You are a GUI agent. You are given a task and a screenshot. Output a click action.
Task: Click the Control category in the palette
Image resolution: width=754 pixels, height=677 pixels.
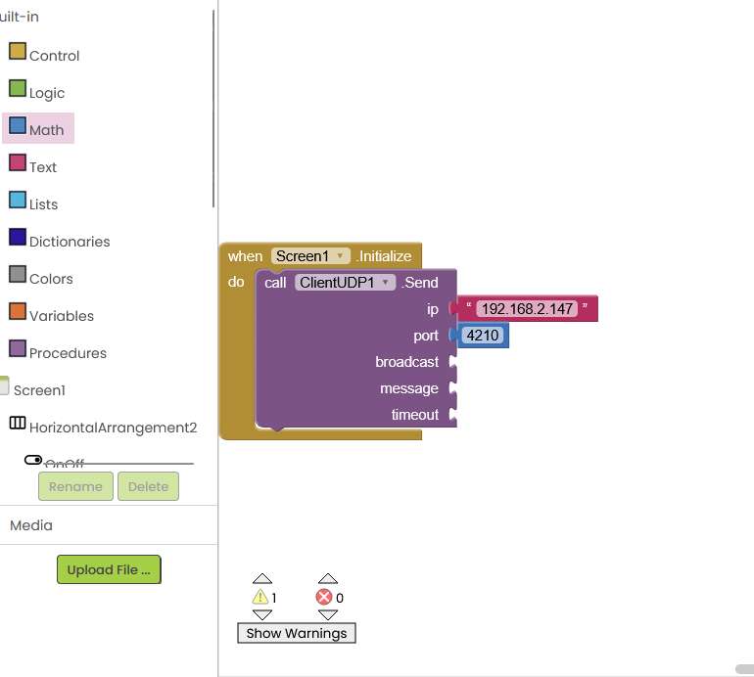click(54, 56)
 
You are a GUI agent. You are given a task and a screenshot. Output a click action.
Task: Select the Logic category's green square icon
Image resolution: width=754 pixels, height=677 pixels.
click(18, 89)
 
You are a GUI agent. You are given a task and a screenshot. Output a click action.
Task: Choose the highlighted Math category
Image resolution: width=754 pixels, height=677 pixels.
click(46, 129)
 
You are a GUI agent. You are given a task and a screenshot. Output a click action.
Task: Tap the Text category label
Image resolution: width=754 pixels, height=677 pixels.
click(43, 167)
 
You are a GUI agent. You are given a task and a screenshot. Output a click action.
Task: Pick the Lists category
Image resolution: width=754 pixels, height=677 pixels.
click(43, 204)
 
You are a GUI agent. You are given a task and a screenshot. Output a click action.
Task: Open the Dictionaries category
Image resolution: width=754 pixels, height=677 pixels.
click(69, 242)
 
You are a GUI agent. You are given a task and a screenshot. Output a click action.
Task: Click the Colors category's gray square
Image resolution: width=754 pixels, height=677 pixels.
click(18, 275)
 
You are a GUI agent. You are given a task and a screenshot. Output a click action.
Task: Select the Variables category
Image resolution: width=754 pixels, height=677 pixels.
click(61, 316)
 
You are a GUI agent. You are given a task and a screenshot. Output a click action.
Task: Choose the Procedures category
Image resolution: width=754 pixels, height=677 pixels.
click(68, 353)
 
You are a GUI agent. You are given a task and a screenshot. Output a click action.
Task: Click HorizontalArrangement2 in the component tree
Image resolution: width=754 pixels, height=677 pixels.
click(113, 428)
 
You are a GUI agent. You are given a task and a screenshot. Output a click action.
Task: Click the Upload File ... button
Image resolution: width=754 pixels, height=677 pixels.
click(109, 569)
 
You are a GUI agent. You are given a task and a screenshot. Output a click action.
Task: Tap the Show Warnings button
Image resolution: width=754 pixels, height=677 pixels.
click(297, 633)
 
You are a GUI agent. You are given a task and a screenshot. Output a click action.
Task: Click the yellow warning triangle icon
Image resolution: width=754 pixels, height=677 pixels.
click(259, 597)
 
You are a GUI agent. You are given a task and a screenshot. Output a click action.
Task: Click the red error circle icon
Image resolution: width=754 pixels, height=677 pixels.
click(324, 597)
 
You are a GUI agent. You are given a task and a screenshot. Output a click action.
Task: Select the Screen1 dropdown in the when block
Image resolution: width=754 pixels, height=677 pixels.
click(310, 256)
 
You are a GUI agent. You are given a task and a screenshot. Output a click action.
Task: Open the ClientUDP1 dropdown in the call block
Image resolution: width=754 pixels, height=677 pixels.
click(345, 283)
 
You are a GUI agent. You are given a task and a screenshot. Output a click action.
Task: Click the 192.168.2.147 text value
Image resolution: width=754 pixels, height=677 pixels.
click(527, 309)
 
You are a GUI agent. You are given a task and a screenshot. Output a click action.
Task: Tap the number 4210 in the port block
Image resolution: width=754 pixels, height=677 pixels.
click(483, 336)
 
